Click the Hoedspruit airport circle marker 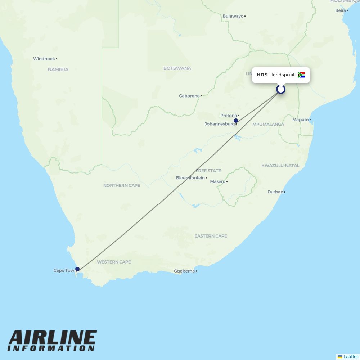[x=281, y=89]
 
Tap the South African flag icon [x=301, y=75]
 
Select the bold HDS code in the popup [x=262, y=75]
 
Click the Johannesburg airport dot [x=236, y=121]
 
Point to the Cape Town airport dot [x=77, y=269]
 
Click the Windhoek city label [x=44, y=59]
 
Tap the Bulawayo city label [x=233, y=16]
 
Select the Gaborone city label [x=189, y=96]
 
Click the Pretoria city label [x=229, y=116]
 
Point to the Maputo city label [x=300, y=120]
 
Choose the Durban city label [x=275, y=192]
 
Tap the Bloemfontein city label [x=190, y=178]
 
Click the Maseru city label [x=217, y=181]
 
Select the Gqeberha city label [x=184, y=271]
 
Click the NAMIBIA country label [x=58, y=69]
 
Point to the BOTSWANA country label [x=177, y=68]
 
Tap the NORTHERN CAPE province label [x=122, y=185]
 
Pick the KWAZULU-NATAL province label [x=280, y=166]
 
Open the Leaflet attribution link [x=350, y=356]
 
